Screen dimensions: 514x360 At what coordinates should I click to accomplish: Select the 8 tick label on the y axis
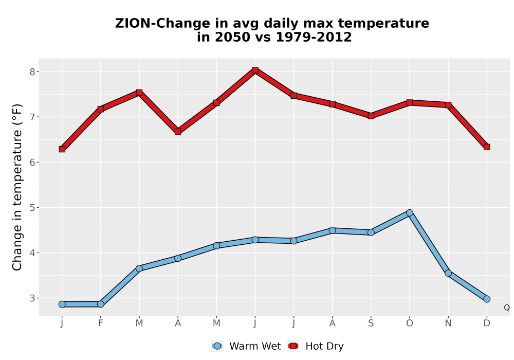click(x=32, y=72)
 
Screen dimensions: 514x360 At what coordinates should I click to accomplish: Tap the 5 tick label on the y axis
click(x=32, y=208)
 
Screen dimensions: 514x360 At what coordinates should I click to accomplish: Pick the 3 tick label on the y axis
click(x=32, y=298)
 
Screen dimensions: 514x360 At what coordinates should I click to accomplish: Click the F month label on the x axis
click(x=101, y=323)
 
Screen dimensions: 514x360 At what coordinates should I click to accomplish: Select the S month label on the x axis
click(x=371, y=323)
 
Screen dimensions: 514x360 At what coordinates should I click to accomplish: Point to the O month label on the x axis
click(x=410, y=323)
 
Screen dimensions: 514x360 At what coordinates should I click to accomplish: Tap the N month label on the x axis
click(x=448, y=323)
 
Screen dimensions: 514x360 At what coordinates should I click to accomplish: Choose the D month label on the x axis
click(x=487, y=323)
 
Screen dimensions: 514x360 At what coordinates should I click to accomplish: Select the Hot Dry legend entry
click(x=316, y=346)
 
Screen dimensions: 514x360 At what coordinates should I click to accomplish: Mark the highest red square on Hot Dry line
click(x=255, y=70)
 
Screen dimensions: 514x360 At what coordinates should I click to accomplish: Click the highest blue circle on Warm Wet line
click(x=410, y=213)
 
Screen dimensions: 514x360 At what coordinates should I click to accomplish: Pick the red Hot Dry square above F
click(x=101, y=109)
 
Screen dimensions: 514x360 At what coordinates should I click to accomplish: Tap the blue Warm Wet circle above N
click(x=448, y=273)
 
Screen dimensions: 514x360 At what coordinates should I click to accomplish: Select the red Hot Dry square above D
click(x=487, y=147)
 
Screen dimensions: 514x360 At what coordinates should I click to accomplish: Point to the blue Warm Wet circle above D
click(x=487, y=299)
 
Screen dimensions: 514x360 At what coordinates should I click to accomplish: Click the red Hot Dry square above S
click(x=371, y=116)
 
